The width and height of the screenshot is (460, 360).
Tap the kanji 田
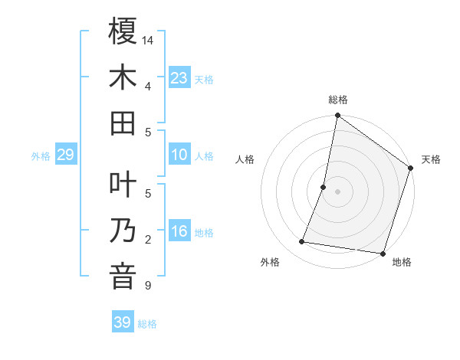[123, 123]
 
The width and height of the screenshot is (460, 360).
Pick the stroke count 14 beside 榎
[149, 40]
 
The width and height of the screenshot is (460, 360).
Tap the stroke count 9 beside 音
[147, 286]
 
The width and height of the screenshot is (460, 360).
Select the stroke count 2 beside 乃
[147, 240]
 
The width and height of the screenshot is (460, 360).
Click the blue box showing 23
[179, 78]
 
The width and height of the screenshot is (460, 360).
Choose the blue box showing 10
[179, 155]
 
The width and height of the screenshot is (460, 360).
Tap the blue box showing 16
[179, 231]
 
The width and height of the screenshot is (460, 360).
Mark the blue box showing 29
[65, 155]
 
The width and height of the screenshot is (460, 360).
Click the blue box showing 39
[122, 322]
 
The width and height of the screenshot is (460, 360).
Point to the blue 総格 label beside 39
[147, 324]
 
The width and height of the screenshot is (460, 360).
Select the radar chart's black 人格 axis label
[245, 160]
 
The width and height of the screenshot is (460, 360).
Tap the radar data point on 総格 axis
[338, 116]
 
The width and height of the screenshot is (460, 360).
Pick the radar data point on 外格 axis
[302, 242]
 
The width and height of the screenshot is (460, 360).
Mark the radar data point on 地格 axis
[382, 253]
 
